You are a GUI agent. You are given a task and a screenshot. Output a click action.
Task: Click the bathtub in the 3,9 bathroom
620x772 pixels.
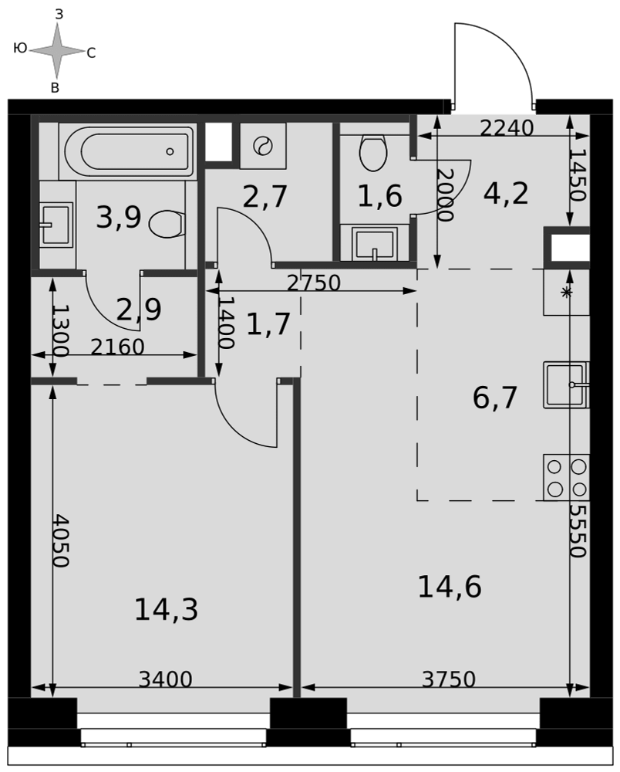point(128,151)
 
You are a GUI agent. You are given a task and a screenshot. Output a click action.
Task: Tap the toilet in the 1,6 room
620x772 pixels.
point(373,151)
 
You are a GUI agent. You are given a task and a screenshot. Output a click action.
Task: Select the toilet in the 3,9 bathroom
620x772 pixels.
point(167,224)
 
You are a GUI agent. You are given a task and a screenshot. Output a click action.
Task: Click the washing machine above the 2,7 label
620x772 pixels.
point(263,146)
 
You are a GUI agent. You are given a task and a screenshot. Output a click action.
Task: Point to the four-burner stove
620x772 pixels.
point(566,477)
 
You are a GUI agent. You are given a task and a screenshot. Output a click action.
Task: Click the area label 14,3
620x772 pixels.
point(167,609)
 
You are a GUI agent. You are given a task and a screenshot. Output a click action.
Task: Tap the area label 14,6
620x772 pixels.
point(449,587)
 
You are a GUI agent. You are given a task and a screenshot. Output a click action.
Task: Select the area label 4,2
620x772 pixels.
point(506,193)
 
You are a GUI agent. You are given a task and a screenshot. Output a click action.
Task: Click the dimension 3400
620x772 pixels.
point(165,679)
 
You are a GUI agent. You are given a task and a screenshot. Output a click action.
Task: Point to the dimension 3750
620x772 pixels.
point(449,679)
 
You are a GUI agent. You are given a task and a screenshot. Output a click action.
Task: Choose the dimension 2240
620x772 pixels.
point(507,128)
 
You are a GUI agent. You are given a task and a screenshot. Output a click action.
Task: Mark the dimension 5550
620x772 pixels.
point(578,530)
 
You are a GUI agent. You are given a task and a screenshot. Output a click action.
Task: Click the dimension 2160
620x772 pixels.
point(117,347)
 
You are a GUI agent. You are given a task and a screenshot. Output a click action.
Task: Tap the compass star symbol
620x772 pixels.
point(57,50)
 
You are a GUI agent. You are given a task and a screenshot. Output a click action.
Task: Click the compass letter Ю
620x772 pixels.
point(20,48)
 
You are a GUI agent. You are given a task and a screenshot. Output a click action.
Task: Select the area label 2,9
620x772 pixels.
point(139,310)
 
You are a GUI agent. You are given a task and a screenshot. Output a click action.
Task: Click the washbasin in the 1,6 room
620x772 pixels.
point(375,243)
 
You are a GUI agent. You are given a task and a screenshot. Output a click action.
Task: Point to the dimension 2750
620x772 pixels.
point(313,283)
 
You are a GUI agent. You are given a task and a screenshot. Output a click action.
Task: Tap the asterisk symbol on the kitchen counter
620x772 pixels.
point(567,292)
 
